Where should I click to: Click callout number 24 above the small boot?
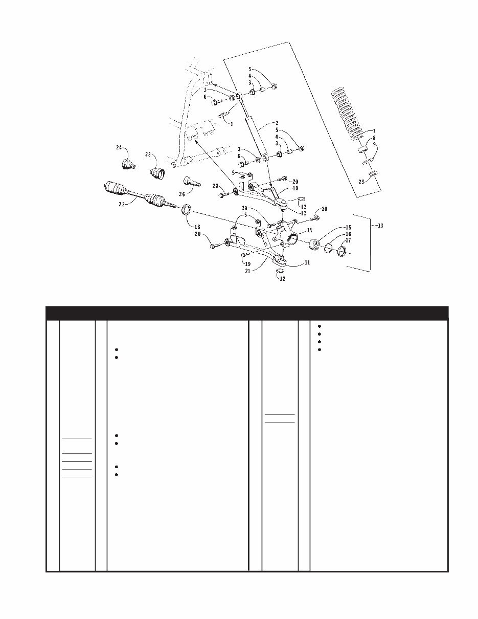coord(119,147)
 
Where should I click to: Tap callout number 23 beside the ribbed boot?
coord(148,154)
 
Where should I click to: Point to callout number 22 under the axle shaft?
coord(122,204)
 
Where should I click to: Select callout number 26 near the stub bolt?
coord(182,194)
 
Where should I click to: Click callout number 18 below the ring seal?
coord(197,227)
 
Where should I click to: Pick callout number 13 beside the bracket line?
coord(380,226)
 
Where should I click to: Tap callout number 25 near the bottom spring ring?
coord(361,182)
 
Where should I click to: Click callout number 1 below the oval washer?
coord(232,124)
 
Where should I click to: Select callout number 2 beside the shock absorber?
coord(277,123)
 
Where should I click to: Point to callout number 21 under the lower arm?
coord(247,271)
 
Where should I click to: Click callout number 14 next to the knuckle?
coord(309,230)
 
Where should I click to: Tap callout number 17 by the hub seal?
coord(348,240)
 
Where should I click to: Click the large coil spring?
coord(350,114)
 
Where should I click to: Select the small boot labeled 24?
coord(128,165)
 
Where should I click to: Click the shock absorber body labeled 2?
coord(255,135)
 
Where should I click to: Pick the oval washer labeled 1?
coord(223,115)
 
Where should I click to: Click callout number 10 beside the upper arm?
coord(295,188)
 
